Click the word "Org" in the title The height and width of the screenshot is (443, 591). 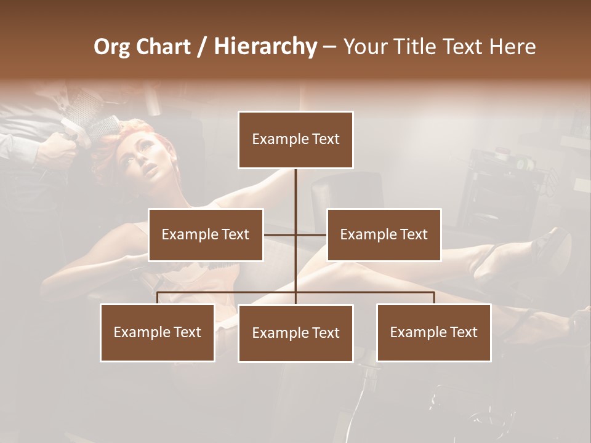[111, 47]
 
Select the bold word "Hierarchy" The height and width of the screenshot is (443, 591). [265, 47]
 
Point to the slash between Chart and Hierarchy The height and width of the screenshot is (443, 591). [203, 47]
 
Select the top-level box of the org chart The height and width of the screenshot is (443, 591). [295, 140]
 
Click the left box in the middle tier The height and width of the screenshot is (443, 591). [206, 234]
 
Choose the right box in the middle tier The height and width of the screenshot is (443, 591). [384, 234]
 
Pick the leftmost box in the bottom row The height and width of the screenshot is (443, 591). [158, 332]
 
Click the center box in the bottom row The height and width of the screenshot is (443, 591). [295, 333]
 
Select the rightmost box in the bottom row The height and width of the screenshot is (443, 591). [433, 332]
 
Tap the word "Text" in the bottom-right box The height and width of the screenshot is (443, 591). [463, 332]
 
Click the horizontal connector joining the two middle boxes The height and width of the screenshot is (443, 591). [295, 234]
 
